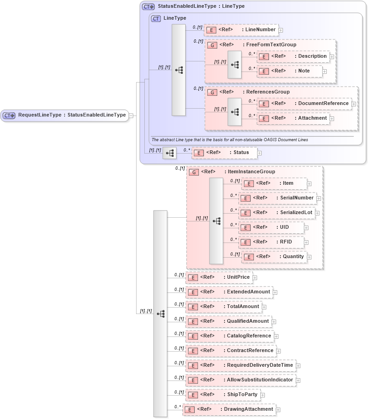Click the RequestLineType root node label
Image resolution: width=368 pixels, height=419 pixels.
point(72,115)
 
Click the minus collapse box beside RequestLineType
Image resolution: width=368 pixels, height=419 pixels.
point(131,116)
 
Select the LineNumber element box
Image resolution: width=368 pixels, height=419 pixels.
point(241,30)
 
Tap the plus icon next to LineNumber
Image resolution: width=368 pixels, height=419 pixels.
point(280,30)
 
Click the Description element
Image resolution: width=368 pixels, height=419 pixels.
point(293,56)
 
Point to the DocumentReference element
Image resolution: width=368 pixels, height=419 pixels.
point(304,104)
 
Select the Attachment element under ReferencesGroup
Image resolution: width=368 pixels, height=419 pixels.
point(293,118)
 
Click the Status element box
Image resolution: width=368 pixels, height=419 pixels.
point(224,153)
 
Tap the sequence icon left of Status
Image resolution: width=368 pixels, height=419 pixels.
point(170,153)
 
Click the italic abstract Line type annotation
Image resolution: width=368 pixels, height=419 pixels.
point(229,139)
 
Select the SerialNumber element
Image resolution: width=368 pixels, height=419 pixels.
point(277,198)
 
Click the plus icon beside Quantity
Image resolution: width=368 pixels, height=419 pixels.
point(309,257)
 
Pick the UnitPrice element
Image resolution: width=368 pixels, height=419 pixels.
point(219,277)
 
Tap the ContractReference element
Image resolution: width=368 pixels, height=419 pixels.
point(231,351)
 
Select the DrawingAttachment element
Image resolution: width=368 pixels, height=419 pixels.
point(229,409)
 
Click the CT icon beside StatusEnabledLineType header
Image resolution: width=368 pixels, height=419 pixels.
point(148,7)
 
